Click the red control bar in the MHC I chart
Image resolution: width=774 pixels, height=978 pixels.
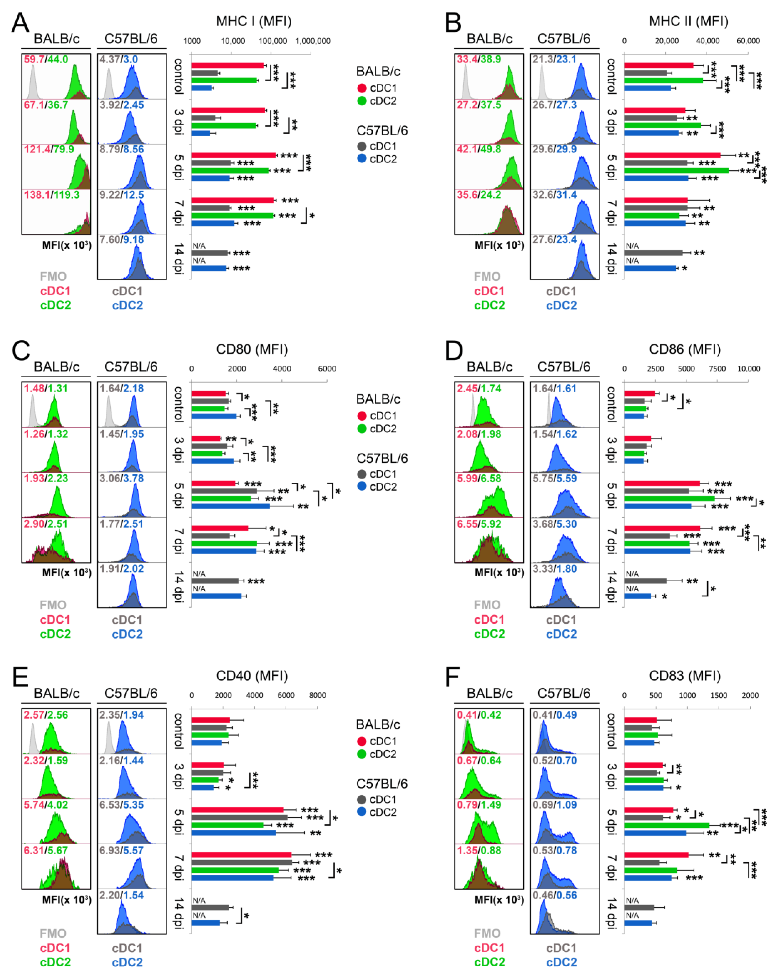[227, 65]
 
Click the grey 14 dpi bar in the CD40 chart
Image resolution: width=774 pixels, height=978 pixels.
[210, 907]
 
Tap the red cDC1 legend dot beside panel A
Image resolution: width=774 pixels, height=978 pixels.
[362, 88]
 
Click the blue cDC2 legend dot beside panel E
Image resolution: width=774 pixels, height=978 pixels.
[362, 812]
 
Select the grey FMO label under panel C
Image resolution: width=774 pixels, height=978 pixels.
[53, 605]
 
